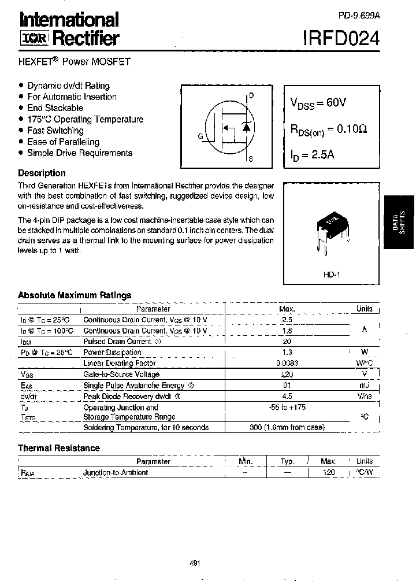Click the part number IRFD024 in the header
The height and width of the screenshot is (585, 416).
tap(341, 38)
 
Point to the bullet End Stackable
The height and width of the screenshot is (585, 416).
tap(55, 108)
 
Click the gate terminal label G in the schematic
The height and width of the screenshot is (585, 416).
tap(200, 136)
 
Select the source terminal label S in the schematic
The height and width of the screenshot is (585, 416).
tap(251, 158)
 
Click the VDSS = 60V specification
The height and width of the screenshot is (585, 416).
tap(318, 103)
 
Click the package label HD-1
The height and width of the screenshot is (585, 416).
tap(331, 276)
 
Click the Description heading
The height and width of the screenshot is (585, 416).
tap(42, 173)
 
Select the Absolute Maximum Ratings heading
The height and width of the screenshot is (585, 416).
tap(75, 295)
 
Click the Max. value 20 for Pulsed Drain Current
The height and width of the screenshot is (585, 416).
tap(287, 341)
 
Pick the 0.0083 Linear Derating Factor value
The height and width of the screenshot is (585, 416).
tap(287, 363)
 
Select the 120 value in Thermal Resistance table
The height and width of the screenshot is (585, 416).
tap(328, 472)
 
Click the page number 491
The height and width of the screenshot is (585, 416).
tap(195, 564)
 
